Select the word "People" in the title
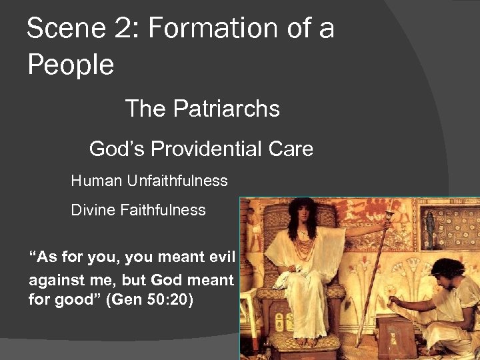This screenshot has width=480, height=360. pyautogui.click(x=71, y=65)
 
